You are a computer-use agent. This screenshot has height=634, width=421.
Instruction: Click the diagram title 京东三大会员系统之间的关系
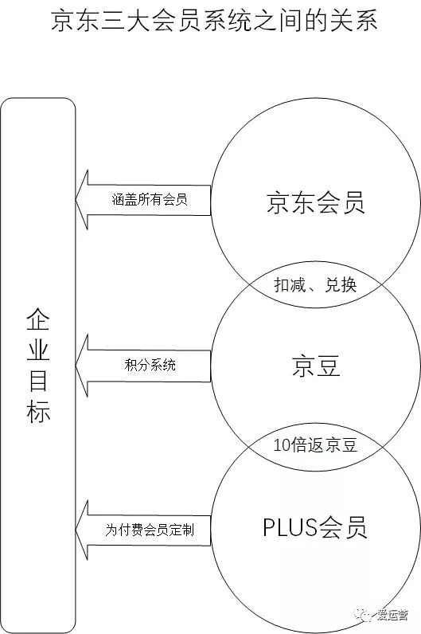[x=215, y=20]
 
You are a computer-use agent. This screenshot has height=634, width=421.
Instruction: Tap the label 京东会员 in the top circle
[x=316, y=202]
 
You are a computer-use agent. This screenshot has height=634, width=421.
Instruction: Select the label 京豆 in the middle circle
[x=316, y=366]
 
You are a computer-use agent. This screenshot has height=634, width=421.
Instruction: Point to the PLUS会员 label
[x=314, y=527]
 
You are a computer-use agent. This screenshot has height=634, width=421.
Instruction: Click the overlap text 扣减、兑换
[x=315, y=285]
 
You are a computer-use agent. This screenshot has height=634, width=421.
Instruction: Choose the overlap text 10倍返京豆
[x=315, y=444]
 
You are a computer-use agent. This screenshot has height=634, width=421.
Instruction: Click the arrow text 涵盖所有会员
[x=150, y=200]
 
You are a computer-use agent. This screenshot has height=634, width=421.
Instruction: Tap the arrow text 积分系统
[x=150, y=365]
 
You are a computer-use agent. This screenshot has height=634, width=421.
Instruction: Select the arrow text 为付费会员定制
[x=150, y=530]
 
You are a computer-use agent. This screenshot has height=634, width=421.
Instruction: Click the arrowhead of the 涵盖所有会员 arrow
[x=76, y=199]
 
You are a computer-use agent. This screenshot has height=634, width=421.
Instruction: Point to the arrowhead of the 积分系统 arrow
[x=76, y=365]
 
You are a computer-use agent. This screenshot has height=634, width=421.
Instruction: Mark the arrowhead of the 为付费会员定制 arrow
[x=76, y=530]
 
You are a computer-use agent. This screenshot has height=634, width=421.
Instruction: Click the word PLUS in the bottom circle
[x=290, y=527]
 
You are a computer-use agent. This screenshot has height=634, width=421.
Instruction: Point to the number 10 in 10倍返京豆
[x=282, y=445]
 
